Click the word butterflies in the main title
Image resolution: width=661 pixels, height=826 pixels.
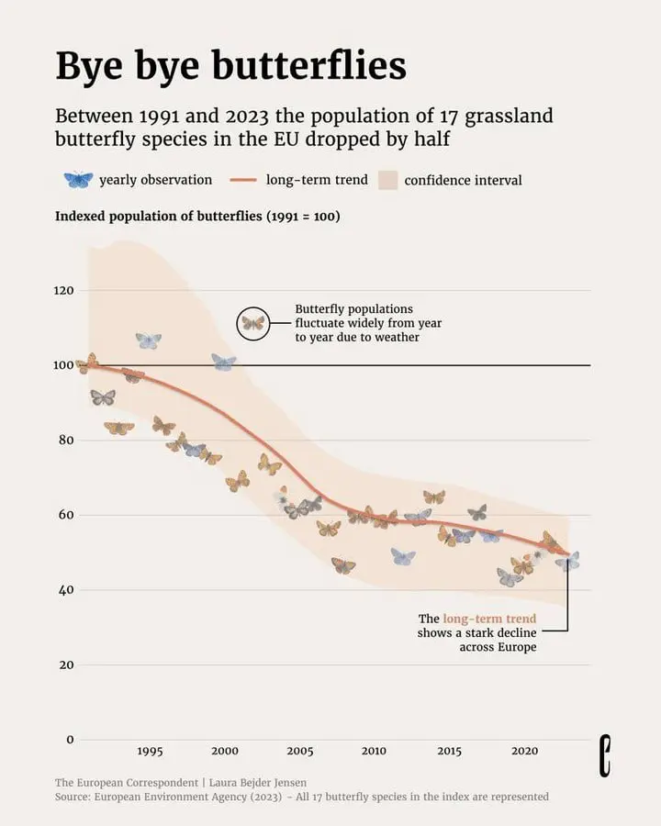pyautogui.click(x=309, y=65)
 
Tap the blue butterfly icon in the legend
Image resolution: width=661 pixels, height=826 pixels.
pyautogui.click(x=78, y=180)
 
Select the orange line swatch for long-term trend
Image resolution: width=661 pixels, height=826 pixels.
pyautogui.click(x=243, y=180)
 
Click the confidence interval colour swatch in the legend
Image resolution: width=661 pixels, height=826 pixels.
pyautogui.click(x=388, y=180)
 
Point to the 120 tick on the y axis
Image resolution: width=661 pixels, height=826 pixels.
pyautogui.click(x=63, y=290)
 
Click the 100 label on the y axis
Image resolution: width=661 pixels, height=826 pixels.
pyautogui.click(x=63, y=365)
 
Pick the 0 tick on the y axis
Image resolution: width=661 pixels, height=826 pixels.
pyautogui.click(x=70, y=740)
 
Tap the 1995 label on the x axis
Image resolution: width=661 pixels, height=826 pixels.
pyautogui.click(x=150, y=751)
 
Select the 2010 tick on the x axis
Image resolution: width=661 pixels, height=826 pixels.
pyautogui.click(x=374, y=751)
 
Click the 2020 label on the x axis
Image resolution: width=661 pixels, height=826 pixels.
pyautogui.click(x=524, y=751)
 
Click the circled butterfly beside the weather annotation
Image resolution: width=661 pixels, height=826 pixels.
pyautogui.click(x=253, y=323)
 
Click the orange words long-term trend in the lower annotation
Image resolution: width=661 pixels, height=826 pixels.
pyautogui.click(x=489, y=619)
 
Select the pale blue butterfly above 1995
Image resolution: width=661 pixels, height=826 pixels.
pyautogui.click(x=149, y=340)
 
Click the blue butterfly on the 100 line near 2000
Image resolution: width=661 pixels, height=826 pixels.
pyautogui.click(x=224, y=363)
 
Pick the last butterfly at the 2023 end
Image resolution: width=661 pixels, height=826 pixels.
pyautogui.click(x=567, y=561)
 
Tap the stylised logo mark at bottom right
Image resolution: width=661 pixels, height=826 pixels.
pyautogui.click(x=605, y=756)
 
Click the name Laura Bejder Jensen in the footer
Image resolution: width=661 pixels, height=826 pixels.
pyautogui.click(x=258, y=783)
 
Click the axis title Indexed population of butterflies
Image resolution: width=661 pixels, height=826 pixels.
pyautogui.click(x=158, y=217)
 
